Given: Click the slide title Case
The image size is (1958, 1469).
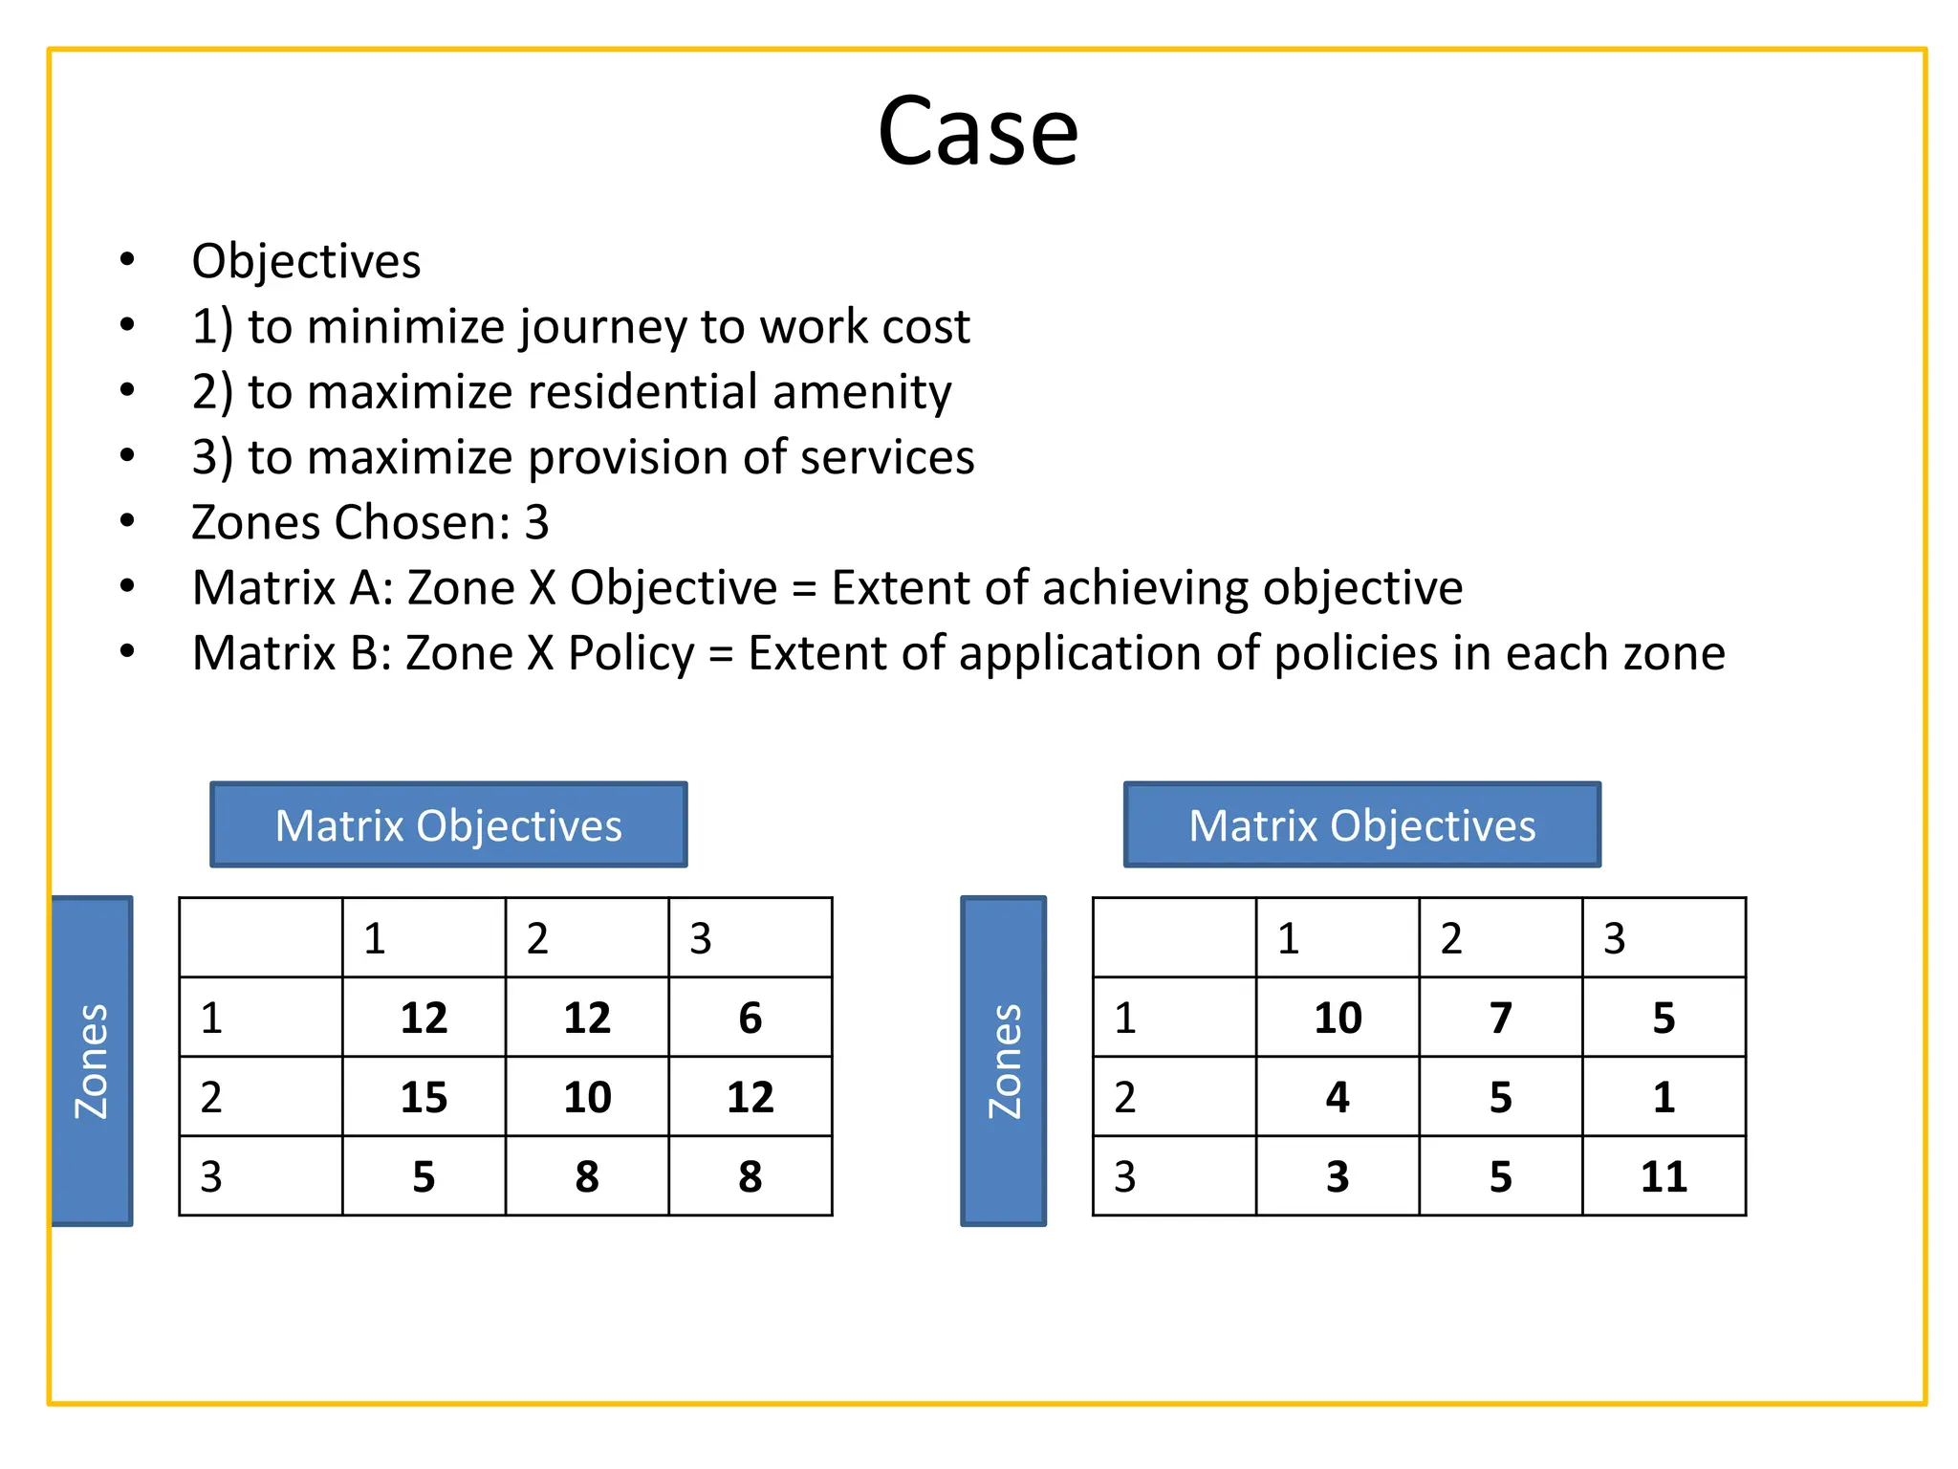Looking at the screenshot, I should pos(977,131).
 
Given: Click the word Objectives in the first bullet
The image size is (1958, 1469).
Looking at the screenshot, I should pos(306,261).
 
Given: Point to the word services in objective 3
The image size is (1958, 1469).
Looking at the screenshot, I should pos(886,457).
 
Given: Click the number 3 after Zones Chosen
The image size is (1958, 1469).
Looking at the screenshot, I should pos(536,522).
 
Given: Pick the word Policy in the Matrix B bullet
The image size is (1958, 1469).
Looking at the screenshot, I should pos(631,653).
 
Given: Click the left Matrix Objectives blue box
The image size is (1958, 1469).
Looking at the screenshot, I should pos(448,824).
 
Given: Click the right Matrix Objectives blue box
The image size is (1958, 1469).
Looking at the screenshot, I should pos(1361,824).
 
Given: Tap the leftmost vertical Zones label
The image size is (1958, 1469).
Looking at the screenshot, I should pos(92,1061).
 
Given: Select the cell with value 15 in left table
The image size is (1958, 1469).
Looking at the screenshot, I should pos(424,1097).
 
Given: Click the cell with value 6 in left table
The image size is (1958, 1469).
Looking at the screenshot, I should pos(751,1018).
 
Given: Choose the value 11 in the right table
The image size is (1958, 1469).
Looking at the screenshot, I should pos(1664,1176).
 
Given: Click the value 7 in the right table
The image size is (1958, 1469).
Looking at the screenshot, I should pos(1501,1018).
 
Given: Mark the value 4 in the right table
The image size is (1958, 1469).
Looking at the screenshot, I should pos(1338,1097).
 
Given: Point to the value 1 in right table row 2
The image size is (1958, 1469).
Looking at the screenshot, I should pos(1664,1097).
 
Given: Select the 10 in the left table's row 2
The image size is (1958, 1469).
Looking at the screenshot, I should pos(587,1097).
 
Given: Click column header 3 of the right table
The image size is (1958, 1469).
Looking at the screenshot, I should pos(1615,938).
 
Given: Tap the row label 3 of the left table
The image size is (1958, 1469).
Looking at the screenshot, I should pos(211,1176).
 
